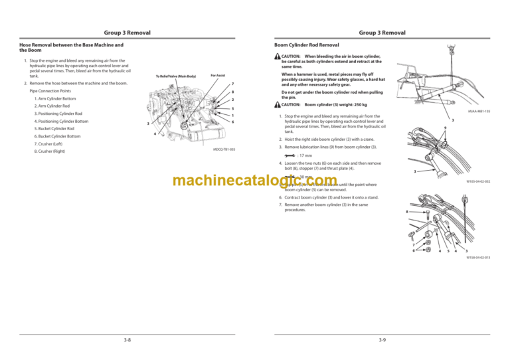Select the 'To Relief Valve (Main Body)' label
175,76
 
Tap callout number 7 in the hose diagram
233,84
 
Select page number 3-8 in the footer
127,339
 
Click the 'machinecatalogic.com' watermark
245,182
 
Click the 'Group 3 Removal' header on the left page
127,33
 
